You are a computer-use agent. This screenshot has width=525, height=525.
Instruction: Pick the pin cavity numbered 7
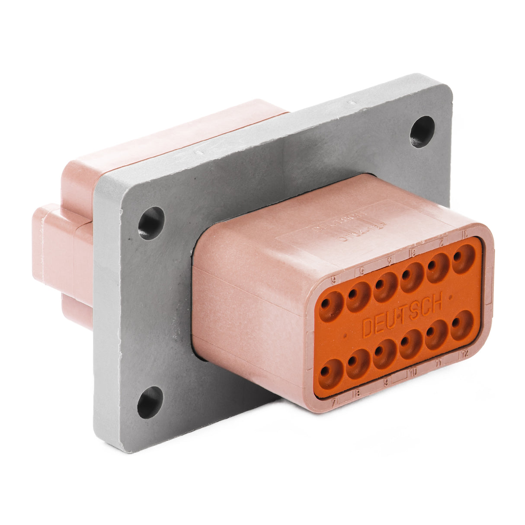[331, 373]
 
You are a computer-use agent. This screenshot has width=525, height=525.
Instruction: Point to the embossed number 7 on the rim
[334, 401]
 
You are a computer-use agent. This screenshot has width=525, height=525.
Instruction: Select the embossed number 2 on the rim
[441, 243]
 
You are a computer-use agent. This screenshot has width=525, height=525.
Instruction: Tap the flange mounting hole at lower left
[150, 402]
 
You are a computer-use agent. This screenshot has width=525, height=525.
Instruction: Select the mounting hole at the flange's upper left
[151, 223]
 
